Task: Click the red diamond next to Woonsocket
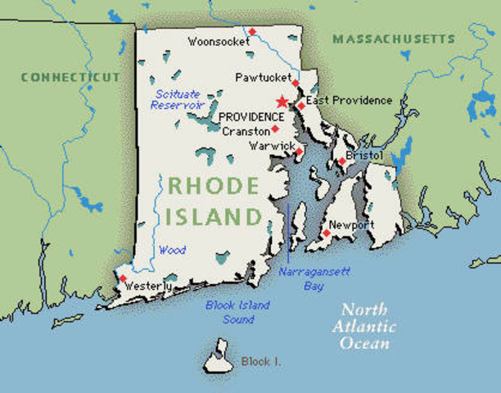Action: tap(252, 32)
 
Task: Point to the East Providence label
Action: tap(349, 101)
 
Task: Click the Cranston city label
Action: tap(246, 131)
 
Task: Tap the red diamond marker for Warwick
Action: tap(299, 151)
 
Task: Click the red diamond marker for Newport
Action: tap(326, 233)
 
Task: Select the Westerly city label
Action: tap(148, 287)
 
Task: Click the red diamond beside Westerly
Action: tap(124, 278)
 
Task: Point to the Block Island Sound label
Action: tap(237, 312)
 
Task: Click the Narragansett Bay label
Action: tap(300, 278)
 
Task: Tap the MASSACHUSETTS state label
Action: tap(393, 38)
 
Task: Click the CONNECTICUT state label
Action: tap(70, 77)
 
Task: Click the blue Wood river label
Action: tap(172, 250)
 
